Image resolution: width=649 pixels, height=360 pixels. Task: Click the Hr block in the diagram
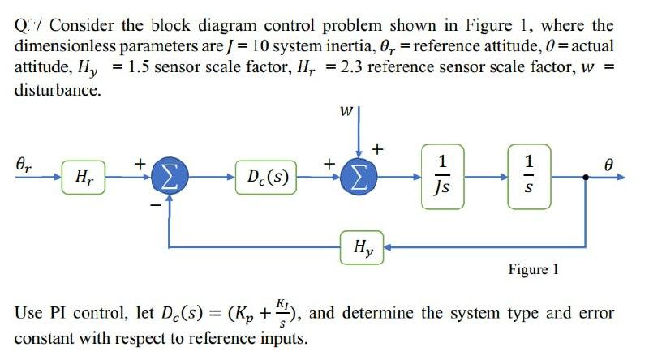82,175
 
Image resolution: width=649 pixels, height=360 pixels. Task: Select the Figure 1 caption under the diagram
533,269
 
